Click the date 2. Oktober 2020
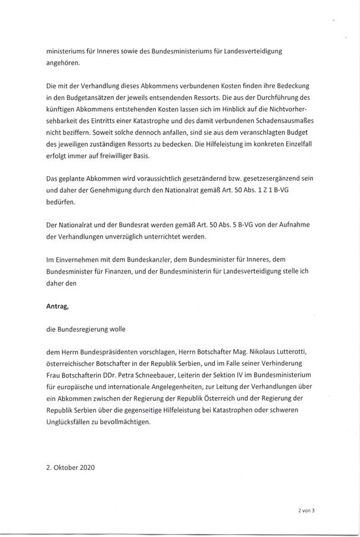coord(71,467)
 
